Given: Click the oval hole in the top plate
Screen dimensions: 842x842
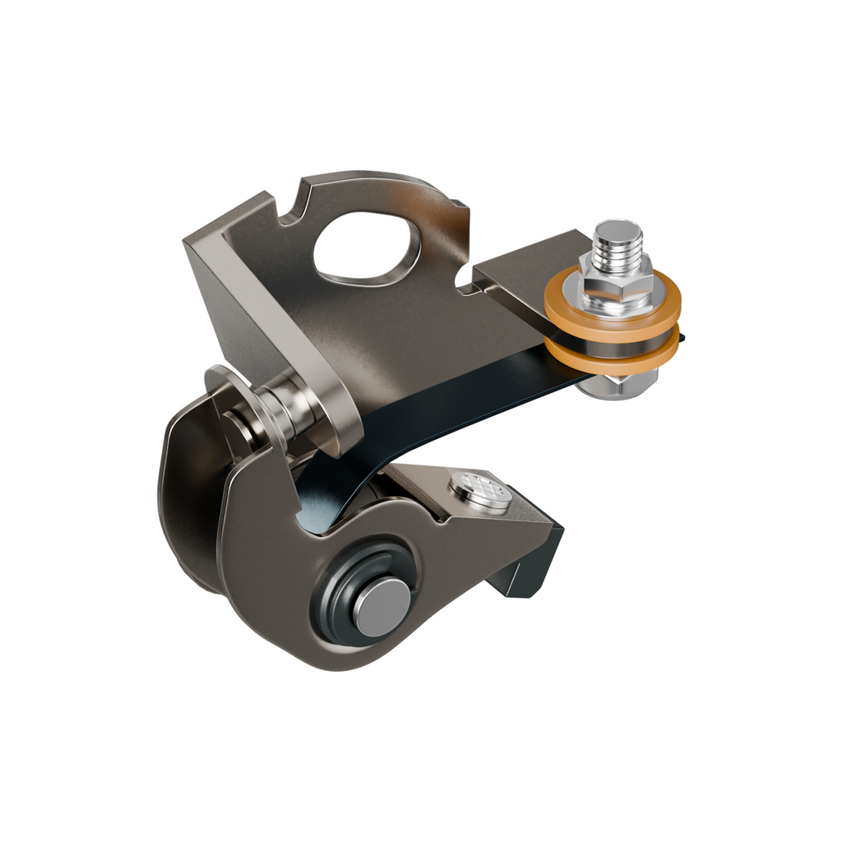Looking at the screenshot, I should [366, 247].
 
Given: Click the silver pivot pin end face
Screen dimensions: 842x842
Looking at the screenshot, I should [382, 607].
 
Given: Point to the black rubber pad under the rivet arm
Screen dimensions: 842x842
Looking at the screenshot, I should [526, 567].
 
